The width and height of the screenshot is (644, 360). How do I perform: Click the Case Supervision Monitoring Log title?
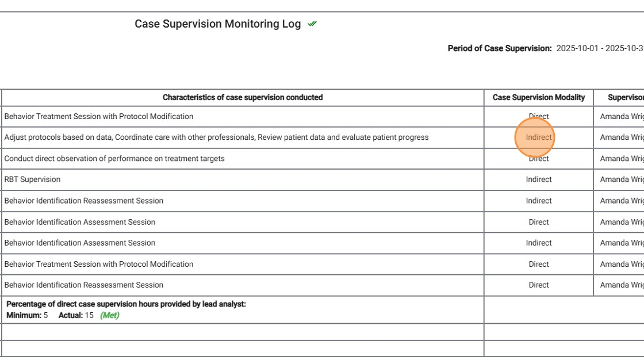217,24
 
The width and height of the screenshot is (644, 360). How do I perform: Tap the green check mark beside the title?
312,24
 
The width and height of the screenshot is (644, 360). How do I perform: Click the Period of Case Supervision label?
500,49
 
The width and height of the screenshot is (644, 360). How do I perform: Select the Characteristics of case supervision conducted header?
243,98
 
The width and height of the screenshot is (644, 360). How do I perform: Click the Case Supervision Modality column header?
539,98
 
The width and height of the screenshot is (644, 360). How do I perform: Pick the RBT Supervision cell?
32,179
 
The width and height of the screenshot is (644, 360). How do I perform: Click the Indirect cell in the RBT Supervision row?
539,179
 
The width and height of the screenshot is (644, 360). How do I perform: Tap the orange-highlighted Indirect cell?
539,137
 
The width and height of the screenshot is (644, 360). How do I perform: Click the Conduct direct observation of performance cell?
114,159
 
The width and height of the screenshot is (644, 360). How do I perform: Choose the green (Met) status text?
110,316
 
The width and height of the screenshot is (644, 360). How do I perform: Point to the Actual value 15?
89,316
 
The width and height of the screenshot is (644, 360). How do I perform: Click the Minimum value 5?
45,316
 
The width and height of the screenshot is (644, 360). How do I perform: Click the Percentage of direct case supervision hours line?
126,304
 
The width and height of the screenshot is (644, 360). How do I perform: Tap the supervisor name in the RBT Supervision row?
622,179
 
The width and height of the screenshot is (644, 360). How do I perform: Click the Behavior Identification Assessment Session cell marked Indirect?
80,243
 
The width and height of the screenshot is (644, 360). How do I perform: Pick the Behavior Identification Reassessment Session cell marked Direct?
84,285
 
